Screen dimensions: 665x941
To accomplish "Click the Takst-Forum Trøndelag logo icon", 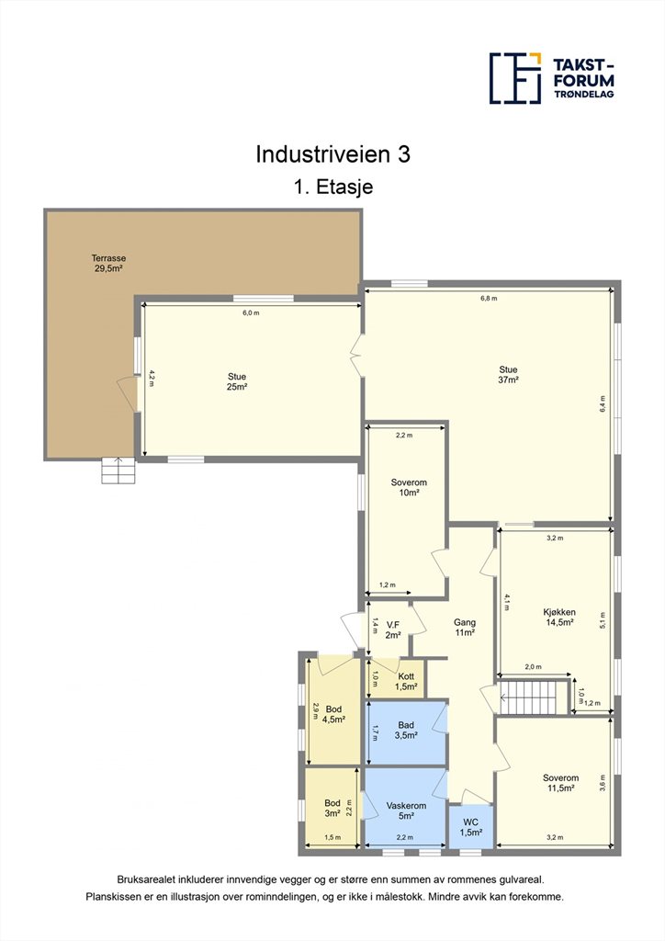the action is (515, 78).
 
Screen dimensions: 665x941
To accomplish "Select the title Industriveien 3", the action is (332, 154).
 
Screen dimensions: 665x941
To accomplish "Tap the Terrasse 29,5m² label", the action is (108, 264).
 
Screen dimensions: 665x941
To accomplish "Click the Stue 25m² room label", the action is (237, 381).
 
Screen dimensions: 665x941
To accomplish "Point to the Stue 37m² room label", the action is (508, 375).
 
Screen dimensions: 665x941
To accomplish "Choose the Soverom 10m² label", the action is (409, 487).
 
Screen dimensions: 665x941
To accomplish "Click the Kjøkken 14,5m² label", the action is (559, 617).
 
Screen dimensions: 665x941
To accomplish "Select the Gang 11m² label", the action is (465, 627).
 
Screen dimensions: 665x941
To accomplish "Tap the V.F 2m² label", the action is (393, 629).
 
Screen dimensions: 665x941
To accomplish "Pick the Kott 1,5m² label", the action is (406, 682).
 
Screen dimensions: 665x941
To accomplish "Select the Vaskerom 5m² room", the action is (406, 807).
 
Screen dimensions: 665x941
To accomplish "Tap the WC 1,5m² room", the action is (471, 826).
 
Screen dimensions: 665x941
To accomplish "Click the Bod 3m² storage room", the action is (332, 807).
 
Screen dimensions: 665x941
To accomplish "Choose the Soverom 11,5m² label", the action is (560, 783).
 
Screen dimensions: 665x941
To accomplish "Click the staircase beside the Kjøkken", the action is (532, 697).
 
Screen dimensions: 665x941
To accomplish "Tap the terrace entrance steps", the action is (118, 470).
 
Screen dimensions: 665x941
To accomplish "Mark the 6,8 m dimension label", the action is (489, 299).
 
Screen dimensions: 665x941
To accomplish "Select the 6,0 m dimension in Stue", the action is (251, 312).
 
